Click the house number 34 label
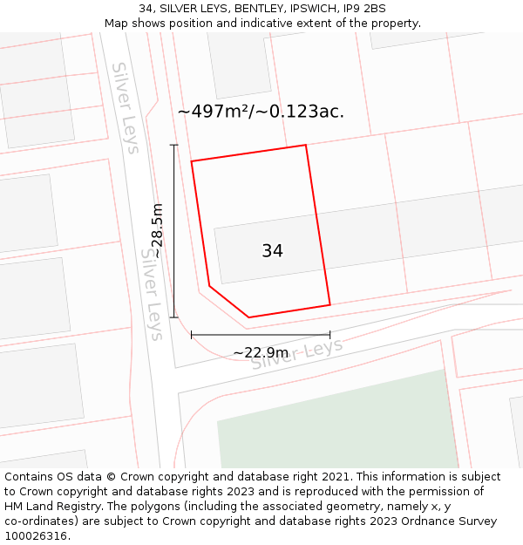[x=272, y=251]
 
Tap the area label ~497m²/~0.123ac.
[x=261, y=112]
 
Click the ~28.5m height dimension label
[x=157, y=226]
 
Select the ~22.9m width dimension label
[x=261, y=352]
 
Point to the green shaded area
[x=340, y=423]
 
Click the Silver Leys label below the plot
[x=297, y=354]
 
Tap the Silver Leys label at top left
[x=126, y=107]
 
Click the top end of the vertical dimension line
[x=173, y=145]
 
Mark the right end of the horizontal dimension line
[x=329, y=334]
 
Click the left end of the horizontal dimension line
[x=192, y=334]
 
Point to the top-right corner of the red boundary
[x=306, y=145]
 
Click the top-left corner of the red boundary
[x=192, y=161]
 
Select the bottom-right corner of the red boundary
[x=329, y=304]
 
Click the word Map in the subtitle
[x=117, y=24]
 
